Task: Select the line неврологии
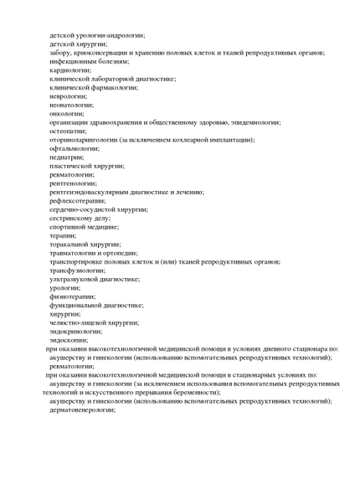point(68,95)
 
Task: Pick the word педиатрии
point(66,157)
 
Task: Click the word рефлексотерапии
point(77,200)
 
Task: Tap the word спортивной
point(69,226)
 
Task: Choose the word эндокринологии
point(75,331)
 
